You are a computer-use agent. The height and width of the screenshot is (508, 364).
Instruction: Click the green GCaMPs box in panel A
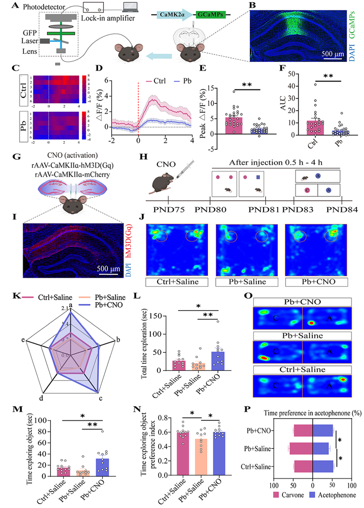tap(210, 15)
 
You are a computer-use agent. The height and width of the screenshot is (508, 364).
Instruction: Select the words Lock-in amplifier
tap(108, 18)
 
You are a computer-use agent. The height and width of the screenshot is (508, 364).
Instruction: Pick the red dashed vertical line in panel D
tap(138, 108)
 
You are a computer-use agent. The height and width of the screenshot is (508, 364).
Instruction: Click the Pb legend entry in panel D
tap(183, 81)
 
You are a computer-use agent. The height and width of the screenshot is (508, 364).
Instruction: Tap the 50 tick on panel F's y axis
tap(291, 74)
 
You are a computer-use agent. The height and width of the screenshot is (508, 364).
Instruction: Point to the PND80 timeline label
tap(210, 210)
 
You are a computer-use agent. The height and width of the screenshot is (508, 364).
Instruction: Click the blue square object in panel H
tap(258, 177)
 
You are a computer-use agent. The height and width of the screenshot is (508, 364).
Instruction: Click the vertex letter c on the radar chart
tap(101, 398)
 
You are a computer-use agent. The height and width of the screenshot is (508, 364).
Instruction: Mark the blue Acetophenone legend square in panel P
tap(312, 495)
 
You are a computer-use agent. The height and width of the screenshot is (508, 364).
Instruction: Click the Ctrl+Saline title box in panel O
tap(302, 369)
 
